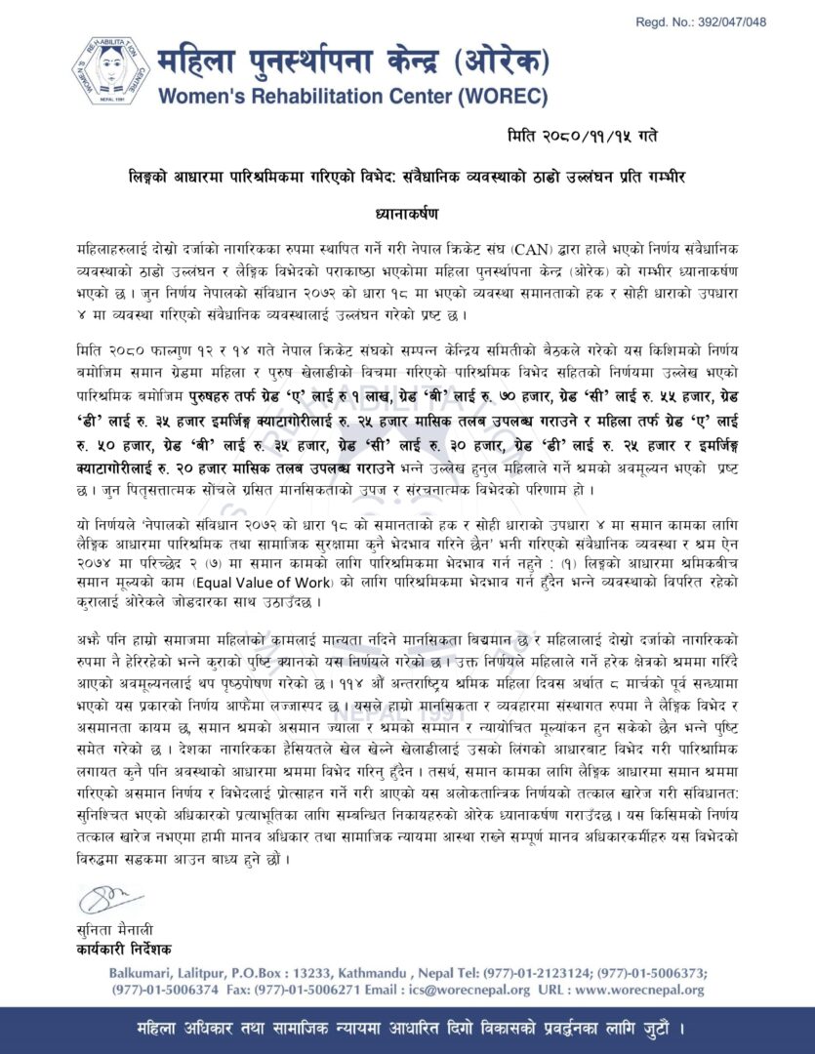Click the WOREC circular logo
110,70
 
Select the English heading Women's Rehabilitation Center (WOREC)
352,97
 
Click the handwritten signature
109,897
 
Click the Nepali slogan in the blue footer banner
407,1030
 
